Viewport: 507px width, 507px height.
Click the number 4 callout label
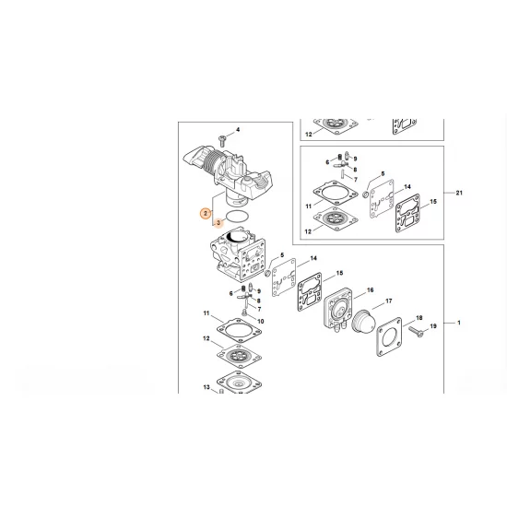pyautogui.click(x=238, y=130)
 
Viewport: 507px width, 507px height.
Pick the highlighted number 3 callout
pyautogui.click(x=218, y=223)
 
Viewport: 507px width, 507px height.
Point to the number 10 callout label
pyautogui.click(x=261, y=321)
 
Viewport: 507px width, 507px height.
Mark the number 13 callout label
pyautogui.click(x=206, y=388)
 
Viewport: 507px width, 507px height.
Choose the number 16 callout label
pyautogui.click(x=371, y=291)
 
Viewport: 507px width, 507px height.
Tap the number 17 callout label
pyautogui.click(x=388, y=301)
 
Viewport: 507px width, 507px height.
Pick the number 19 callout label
pyautogui.click(x=432, y=325)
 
